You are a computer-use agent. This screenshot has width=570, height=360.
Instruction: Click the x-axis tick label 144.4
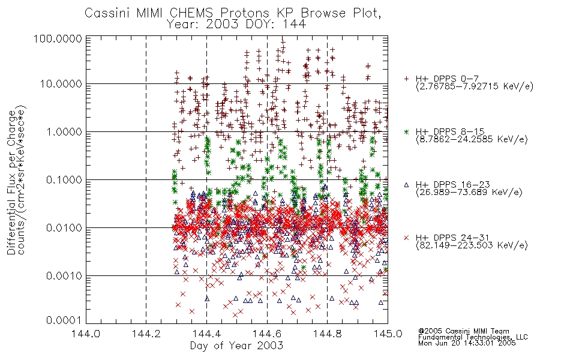[207, 334]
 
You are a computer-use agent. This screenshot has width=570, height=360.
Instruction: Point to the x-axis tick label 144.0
[86, 334]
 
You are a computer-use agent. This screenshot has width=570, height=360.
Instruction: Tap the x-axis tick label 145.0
[388, 334]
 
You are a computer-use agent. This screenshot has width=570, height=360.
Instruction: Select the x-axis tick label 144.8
[328, 334]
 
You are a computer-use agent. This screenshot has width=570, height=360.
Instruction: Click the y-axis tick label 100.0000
[58, 38]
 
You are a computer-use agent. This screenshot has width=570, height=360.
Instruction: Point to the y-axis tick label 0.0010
[64, 275]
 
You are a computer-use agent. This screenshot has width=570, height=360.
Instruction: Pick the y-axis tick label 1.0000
[64, 131]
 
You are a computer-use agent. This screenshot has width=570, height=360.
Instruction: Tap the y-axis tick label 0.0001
[64, 320]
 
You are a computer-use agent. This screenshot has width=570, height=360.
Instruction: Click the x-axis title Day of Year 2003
[236, 346]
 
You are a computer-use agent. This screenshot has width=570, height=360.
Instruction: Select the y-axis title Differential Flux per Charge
[11, 182]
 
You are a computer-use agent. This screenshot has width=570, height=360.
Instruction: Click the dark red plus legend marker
[406, 79]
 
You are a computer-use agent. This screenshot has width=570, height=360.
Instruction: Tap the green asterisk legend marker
[406, 131]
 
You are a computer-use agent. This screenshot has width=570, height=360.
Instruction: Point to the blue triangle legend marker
[406, 185]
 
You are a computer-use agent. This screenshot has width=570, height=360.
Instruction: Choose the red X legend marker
[406, 238]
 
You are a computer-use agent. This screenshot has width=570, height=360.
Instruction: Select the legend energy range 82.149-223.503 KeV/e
[472, 245]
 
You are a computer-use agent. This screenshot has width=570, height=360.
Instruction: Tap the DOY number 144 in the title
[295, 25]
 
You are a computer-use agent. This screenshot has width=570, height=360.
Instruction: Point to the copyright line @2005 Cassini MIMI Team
[463, 331]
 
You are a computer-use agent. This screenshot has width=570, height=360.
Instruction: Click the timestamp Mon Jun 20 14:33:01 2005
[467, 343]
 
